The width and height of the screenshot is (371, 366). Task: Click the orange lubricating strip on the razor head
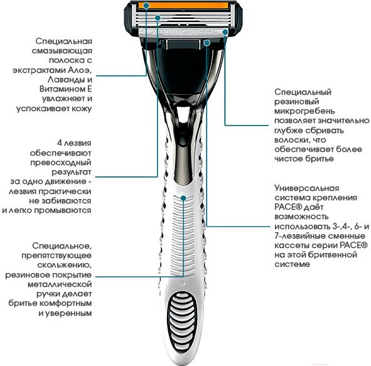pos(183,6)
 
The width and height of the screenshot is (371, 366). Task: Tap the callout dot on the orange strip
pos(146,5)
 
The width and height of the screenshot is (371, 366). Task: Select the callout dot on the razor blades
pos(158,18)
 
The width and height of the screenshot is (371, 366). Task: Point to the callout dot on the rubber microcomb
pos(225,32)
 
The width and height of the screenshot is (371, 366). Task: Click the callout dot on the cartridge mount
pos(207,43)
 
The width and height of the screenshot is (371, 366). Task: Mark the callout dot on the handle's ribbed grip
pos(183,198)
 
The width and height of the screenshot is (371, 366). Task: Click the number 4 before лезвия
pos(60,143)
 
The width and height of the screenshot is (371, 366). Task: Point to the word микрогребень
pos(304,111)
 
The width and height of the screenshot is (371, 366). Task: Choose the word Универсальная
pos(306,188)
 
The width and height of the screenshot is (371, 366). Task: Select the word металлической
pos(60,284)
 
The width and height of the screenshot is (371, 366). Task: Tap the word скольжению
pos(65,265)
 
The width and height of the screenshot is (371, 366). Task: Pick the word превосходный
pos(60,163)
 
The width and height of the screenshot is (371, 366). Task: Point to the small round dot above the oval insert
pos(183,283)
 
